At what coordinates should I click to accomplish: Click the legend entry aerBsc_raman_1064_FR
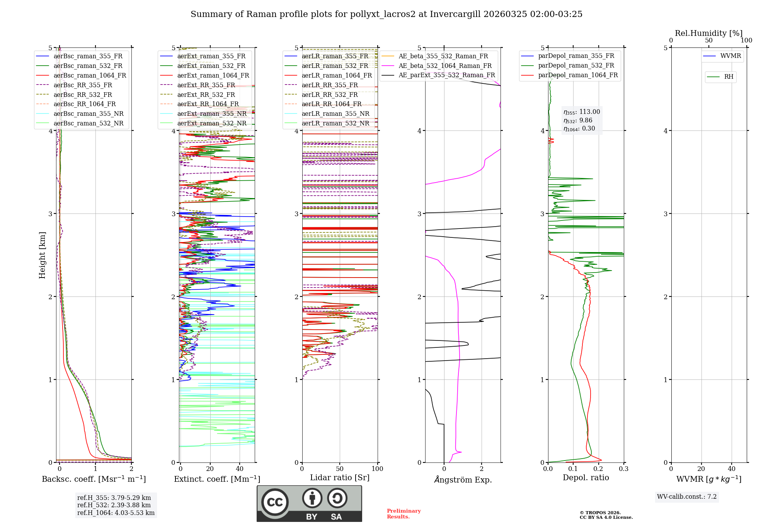pos(90,76)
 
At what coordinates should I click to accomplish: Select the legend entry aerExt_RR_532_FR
pos(206,95)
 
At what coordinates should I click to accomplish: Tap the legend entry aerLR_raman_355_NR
pos(335,114)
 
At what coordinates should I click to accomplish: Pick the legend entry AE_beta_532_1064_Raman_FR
pos(445,66)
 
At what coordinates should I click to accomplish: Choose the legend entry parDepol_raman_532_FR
pos(576,66)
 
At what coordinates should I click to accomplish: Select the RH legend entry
pos(729,77)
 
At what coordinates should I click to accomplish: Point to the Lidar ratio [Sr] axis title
pos(339,478)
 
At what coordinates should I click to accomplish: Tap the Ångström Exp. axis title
pos(463,480)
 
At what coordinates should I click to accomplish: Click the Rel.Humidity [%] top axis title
pos(708,33)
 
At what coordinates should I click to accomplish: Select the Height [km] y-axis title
pos(42,255)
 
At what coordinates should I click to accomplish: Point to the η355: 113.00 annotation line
pos(582,112)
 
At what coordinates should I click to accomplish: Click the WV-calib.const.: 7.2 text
pos(686,496)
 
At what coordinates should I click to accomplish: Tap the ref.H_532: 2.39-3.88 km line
pos(114,505)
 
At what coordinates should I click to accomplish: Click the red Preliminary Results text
pos(404,514)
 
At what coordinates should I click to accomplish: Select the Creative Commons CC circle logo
pos(275,502)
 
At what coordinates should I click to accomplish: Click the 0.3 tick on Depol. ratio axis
pos(623,469)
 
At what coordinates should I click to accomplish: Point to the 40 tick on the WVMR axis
pos(731,469)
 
